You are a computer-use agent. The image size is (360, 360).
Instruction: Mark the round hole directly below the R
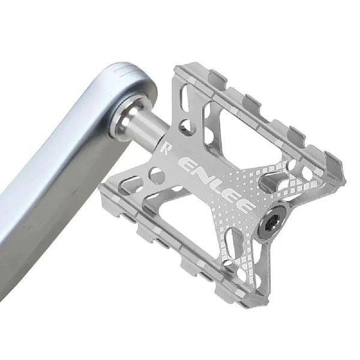(x=157, y=175)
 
